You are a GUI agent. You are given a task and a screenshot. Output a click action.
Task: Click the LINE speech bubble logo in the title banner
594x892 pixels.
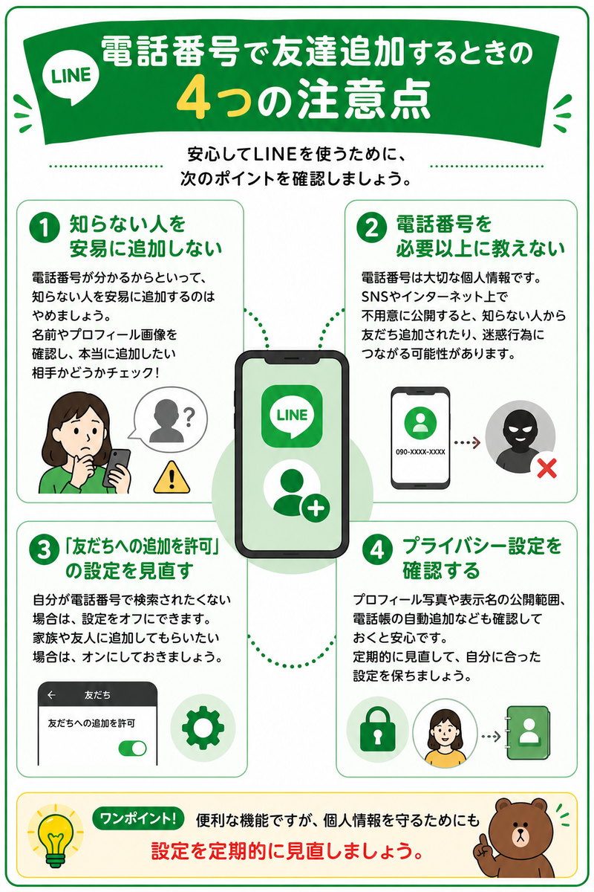click(71, 77)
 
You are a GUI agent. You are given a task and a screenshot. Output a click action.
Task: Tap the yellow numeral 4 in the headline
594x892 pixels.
click(194, 98)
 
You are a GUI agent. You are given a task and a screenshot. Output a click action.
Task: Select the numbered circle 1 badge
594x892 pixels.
click(45, 227)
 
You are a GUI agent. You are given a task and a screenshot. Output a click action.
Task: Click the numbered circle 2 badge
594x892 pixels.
click(371, 227)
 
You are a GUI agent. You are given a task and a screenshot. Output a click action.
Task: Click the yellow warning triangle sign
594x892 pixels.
click(172, 477)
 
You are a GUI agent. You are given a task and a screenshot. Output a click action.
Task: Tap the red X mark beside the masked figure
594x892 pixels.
click(546, 468)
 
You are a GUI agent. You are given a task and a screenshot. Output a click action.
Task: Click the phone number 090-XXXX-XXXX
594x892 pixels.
click(420, 452)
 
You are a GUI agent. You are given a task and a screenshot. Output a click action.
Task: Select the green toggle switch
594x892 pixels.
click(132, 749)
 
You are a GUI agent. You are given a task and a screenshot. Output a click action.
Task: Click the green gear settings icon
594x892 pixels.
click(203, 727)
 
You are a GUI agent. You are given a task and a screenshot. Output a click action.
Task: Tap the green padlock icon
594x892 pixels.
click(378, 729)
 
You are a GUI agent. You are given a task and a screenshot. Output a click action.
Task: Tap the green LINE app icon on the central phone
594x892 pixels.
click(292, 416)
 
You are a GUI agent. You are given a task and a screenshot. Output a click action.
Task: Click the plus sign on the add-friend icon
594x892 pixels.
click(316, 508)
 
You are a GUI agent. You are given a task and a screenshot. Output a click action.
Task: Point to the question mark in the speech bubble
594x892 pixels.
click(189, 417)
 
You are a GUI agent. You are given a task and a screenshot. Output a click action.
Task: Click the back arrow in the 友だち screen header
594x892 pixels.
click(51, 695)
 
